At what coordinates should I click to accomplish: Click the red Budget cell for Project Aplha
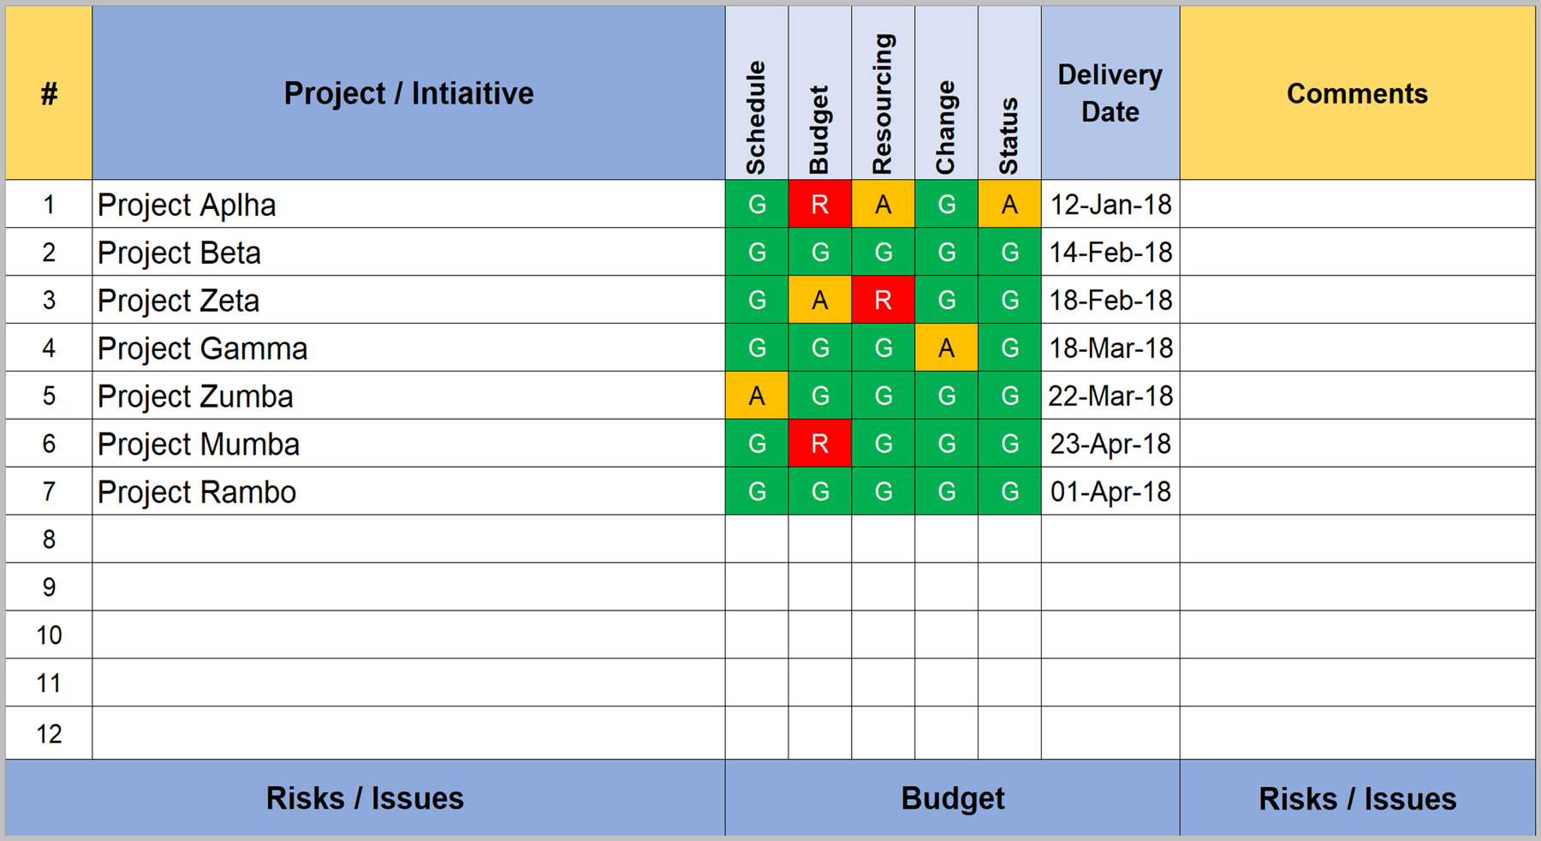[819, 205]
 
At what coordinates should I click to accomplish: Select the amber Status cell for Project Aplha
[1009, 205]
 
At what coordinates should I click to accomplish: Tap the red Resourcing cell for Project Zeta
[883, 301]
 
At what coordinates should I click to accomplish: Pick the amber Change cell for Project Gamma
[946, 349]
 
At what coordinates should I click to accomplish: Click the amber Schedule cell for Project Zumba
[757, 397]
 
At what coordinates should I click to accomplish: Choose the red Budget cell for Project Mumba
[819, 444]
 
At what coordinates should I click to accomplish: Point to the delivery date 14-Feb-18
[1110, 253]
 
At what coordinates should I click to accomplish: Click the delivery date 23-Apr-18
[1110, 444]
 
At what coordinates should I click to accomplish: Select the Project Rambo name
[197, 492]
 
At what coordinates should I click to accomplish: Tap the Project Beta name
[179, 253]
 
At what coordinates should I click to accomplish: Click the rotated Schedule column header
[756, 117]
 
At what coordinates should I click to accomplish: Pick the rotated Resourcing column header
[883, 104]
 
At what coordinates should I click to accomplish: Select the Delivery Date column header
[1110, 92]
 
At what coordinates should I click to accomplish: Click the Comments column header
[1357, 93]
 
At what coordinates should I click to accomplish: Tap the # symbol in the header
[49, 93]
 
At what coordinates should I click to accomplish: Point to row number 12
[49, 734]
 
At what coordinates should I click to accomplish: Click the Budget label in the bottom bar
[952, 798]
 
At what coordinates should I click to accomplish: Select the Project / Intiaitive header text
[408, 93]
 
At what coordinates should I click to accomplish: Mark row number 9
[49, 588]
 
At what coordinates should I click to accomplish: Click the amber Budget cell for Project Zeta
[819, 301]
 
